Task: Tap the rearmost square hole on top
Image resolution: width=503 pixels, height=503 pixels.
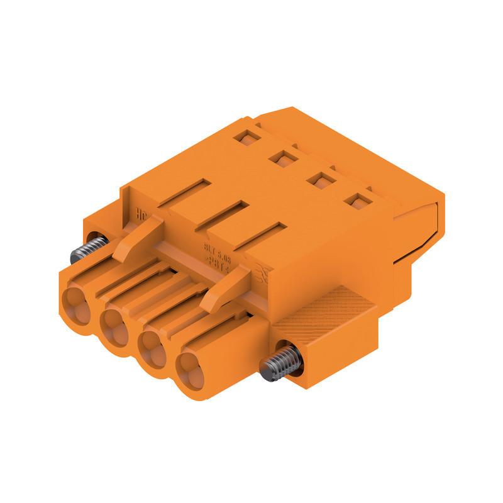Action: click(243, 136)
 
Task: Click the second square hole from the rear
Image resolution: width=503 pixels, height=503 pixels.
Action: click(282, 158)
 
